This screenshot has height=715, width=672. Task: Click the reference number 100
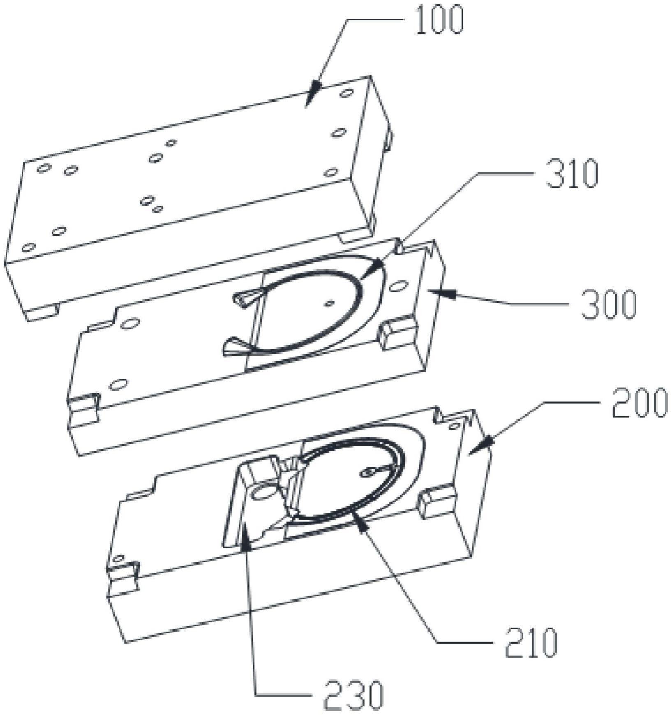(x=439, y=20)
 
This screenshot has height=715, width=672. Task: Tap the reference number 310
(x=571, y=174)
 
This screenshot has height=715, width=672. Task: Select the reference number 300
(x=608, y=304)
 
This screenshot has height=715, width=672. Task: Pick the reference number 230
(x=353, y=695)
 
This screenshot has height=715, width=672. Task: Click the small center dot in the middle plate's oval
(x=328, y=304)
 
